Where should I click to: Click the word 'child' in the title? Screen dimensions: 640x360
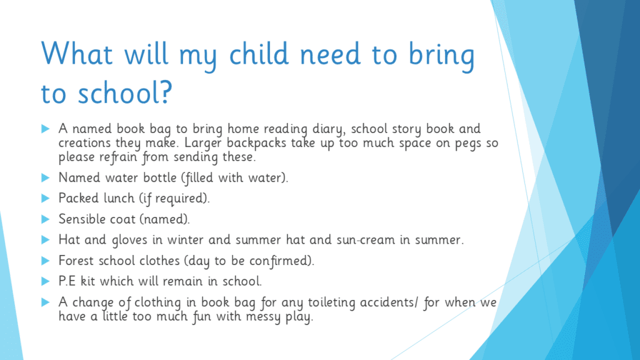(259, 54)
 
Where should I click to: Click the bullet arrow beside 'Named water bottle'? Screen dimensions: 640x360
(45, 177)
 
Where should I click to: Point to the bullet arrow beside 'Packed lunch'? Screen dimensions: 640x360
(45, 198)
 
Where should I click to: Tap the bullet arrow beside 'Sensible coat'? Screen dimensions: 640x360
(45, 219)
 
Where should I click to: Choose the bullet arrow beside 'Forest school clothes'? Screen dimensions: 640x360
(45, 261)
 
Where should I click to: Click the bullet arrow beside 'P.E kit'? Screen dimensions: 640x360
(45, 281)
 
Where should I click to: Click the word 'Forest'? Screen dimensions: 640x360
(76, 261)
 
